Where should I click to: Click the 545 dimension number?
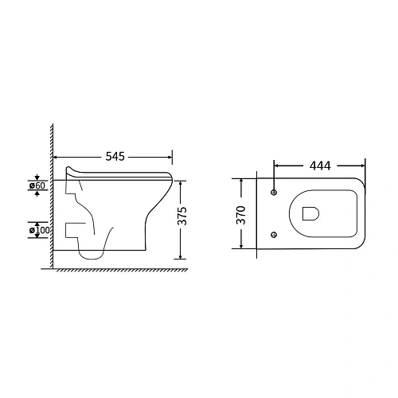[115, 157]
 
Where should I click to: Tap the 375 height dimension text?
[182, 216]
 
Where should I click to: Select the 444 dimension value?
[320, 166]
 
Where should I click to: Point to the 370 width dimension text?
[241, 215]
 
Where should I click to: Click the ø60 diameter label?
[37, 185]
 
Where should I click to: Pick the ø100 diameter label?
[39, 230]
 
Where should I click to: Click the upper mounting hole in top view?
[274, 192]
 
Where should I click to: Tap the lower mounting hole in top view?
[274, 235]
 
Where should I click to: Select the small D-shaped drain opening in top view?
[310, 213]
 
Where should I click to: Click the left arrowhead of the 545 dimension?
[56, 158]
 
